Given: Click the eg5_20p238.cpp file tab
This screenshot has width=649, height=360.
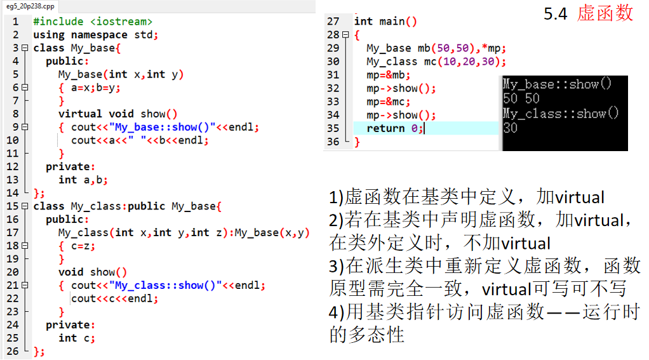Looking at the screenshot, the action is pyautogui.click(x=30, y=6).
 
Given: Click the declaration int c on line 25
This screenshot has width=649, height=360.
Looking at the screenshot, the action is pyautogui.click(x=76, y=338).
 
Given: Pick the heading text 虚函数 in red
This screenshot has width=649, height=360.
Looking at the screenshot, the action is pyautogui.click(x=605, y=13).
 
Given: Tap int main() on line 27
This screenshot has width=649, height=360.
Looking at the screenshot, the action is pyautogui.click(x=385, y=22).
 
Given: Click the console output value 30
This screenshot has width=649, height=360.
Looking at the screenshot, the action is pyautogui.click(x=510, y=128).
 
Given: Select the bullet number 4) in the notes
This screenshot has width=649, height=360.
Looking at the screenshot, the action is pyautogui.click(x=337, y=312).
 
